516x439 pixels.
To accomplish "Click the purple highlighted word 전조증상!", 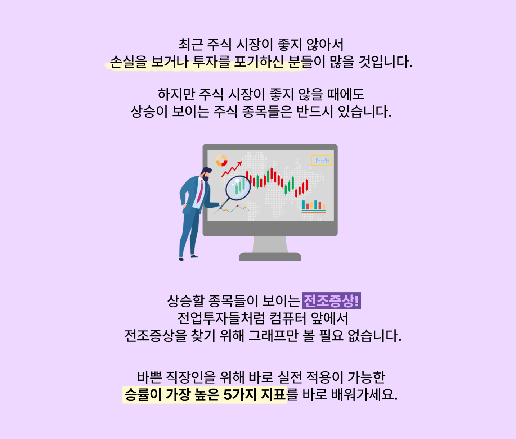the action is tap(331, 301).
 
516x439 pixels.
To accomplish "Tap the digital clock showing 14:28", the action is tap(321, 160).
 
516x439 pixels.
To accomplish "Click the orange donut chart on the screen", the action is tap(221, 160).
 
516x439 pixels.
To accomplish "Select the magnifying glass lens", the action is tap(238, 188).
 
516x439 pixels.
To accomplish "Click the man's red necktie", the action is tap(200, 191).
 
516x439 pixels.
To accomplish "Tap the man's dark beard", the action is tap(206, 177).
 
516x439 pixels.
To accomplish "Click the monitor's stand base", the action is tap(270, 257).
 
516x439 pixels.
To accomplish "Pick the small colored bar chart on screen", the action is tap(314, 207).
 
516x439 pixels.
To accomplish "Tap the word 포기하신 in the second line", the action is tap(259, 62).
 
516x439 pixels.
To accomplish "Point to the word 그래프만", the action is tap(273, 336).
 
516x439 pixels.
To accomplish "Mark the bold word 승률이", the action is tap(143, 395).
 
